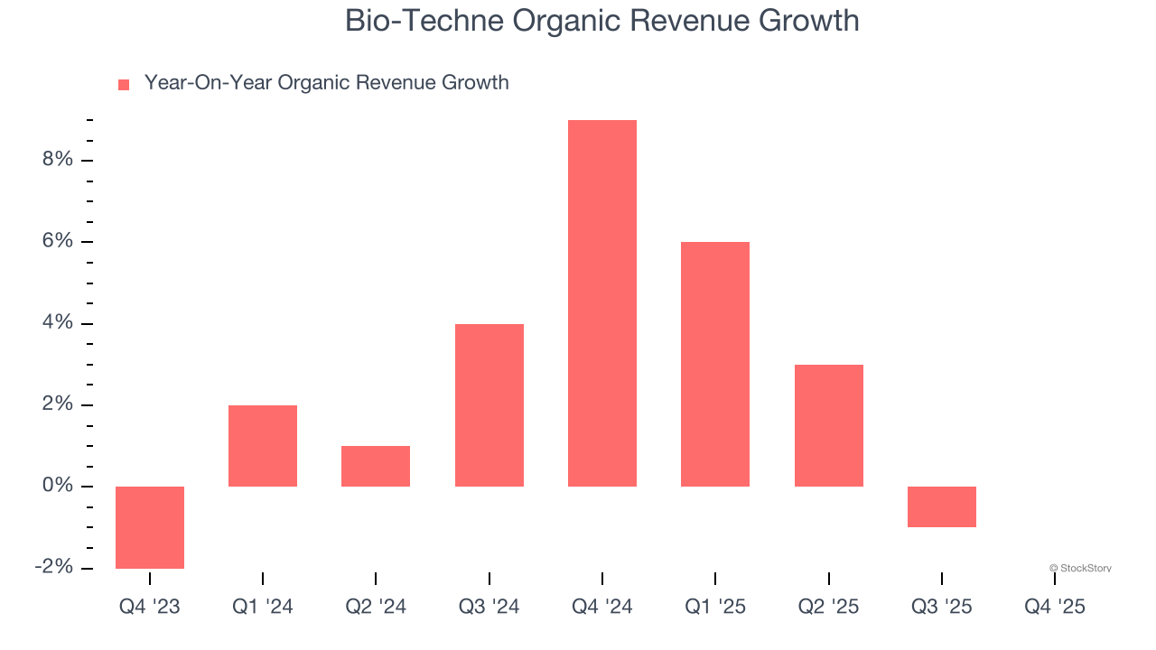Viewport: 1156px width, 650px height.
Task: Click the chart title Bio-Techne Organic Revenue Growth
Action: pyautogui.click(x=601, y=21)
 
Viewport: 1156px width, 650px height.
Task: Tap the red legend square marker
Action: pyautogui.click(x=124, y=84)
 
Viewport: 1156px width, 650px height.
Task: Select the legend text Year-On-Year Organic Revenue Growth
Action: pyautogui.click(x=326, y=83)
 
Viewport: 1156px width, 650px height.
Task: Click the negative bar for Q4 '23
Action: pyautogui.click(x=150, y=527)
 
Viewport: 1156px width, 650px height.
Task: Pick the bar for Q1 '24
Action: pyautogui.click(x=263, y=446)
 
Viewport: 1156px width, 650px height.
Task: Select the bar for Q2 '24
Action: pyautogui.click(x=376, y=466)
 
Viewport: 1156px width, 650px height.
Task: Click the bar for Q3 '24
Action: pyautogui.click(x=489, y=405)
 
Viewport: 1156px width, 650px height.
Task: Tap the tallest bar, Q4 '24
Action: pyautogui.click(x=602, y=303)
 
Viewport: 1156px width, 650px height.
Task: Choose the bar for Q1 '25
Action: pyautogui.click(x=715, y=364)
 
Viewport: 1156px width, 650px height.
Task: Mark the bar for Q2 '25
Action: pyautogui.click(x=829, y=425)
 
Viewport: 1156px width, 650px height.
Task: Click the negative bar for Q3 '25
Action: pyautogui.click(x=942, y=506)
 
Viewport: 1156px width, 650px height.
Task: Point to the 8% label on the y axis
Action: pyautogui.click(x=56, y=160)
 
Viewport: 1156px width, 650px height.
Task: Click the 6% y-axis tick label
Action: pyautogui.click(x=56, y=241)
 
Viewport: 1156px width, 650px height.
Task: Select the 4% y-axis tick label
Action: pyautogui.click(x=56, y=323)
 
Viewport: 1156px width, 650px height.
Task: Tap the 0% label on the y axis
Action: pyautogui.click(x=56, y=487)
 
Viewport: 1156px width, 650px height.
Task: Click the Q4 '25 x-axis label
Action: pyautogui.click(x=1055, y=607)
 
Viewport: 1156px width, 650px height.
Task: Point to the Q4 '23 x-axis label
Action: pyautogui.click(x=150, y=607)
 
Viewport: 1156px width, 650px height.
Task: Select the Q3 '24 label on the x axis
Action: pyautogui.click(x=489, y=607)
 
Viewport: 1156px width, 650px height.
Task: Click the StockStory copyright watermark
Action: pyautogui.click(x=1080, y=568)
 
